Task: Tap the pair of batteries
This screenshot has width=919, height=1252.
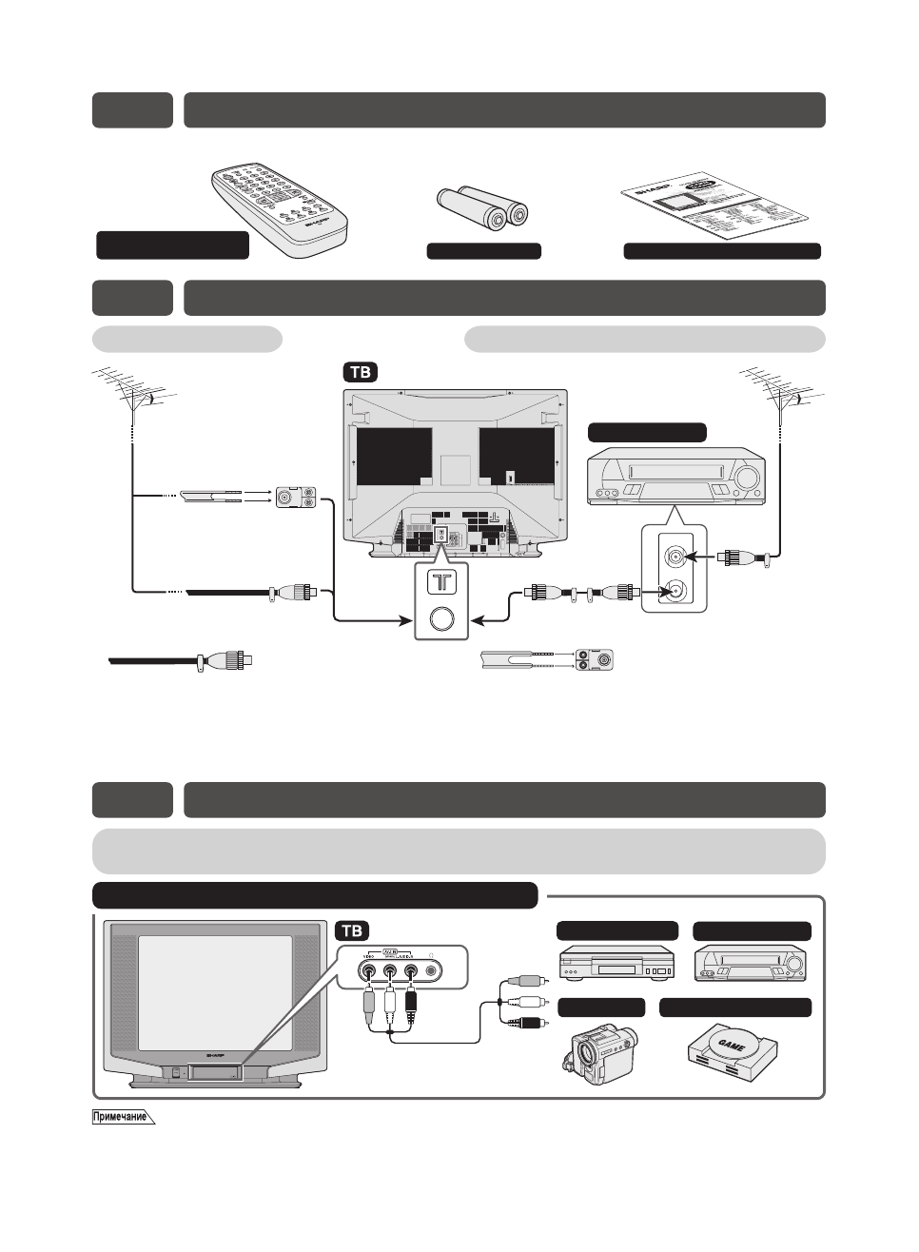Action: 482,208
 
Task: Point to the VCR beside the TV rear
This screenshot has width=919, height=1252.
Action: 676,476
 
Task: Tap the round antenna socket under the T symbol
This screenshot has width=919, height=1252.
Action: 442,619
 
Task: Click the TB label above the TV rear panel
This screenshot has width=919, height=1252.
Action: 361,373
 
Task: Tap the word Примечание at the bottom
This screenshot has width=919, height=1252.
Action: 120,1117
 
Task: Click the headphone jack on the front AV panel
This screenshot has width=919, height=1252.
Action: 434,971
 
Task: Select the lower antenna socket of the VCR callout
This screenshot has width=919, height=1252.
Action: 675,591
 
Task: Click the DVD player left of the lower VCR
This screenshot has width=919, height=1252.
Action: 616,964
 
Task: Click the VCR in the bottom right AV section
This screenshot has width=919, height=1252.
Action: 752,964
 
